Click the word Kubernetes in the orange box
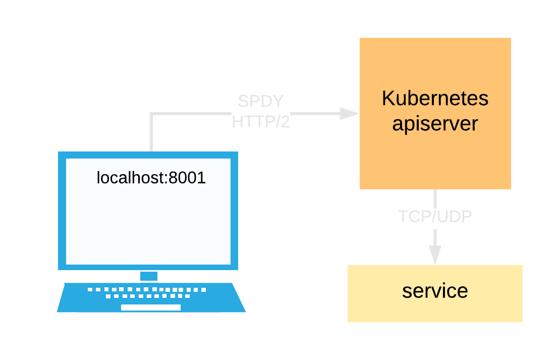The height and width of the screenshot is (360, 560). pyautogui.click(x=435, y=98)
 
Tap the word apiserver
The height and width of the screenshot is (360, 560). pyautogui.click(x=435, y=123)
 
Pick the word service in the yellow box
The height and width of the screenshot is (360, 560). pyautogui.click(x=435, y=291)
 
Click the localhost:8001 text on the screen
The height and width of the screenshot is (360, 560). pyautogui.click(x=151, y=178)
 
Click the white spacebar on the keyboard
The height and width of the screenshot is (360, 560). pyautogui.click(x=151, y=307)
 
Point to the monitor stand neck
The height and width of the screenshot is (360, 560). pyautogui.click(x=149, y=276)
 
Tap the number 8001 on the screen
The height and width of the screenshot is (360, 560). pyautogui.click(x=187, y=178)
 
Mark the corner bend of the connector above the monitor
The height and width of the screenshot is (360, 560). pyautogui.click(x=152, y=114)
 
